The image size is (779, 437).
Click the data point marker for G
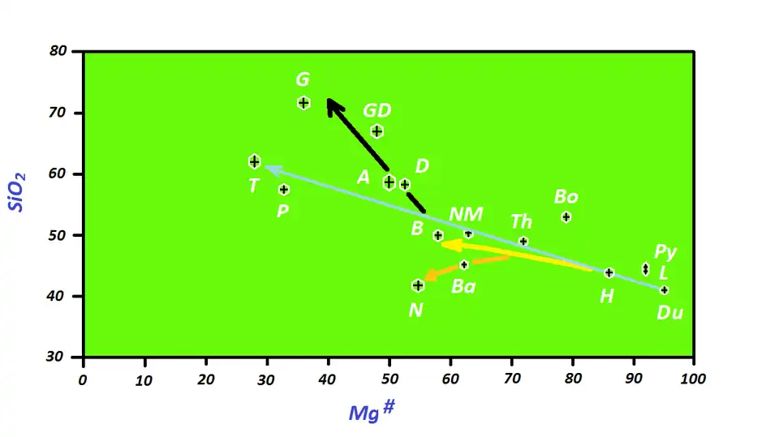click(303, 103)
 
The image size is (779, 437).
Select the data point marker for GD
click(377, 131)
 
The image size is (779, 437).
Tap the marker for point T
click(254, 161)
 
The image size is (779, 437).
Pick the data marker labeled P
click(284, 190)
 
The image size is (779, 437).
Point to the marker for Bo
click(566, 216)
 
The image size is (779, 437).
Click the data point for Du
click(664, 289)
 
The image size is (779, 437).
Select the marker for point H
click(609, 272)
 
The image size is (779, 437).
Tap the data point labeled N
click(418, 285)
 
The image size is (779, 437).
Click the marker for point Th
click(523, 242)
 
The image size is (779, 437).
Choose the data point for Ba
click(464, 264)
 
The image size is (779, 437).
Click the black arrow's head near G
click(329, 102)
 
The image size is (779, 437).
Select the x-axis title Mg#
click(372, 412)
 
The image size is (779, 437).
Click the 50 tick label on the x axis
click(389, 379)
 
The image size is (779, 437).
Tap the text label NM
click(466, 214)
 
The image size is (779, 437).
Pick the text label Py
click(665, 251)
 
